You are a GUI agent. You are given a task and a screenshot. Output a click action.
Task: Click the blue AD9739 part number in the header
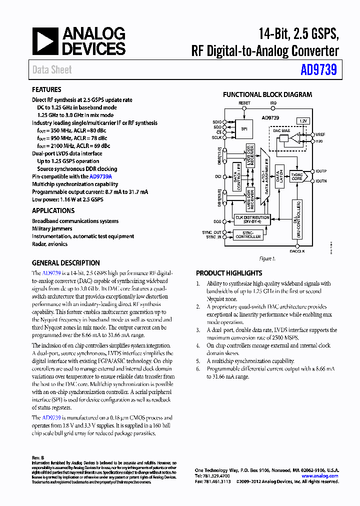[318, 70]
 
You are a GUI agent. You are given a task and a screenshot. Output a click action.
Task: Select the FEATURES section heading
[46, 89]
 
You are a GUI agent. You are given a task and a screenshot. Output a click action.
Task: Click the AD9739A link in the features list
[100, 176]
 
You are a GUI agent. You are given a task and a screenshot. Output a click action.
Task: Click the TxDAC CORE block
[296, 176]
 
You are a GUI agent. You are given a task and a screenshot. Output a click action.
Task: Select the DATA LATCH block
[280, 176]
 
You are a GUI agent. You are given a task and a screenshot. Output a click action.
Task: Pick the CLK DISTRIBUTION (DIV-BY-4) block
[252, 219]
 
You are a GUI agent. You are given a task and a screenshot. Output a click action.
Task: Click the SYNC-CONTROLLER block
[248, 234]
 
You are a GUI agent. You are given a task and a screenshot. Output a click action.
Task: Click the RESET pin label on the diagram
[244, 103]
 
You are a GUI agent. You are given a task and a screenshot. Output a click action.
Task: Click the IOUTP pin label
[321, 171]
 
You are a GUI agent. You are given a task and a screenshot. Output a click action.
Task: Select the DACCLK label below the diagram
[297, 250]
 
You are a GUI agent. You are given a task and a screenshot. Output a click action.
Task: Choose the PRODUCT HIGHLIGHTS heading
[228, 273]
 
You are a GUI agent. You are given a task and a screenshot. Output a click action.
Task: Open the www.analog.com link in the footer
[319, 476]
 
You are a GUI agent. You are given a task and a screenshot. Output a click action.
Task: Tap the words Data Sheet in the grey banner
[52, 70]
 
